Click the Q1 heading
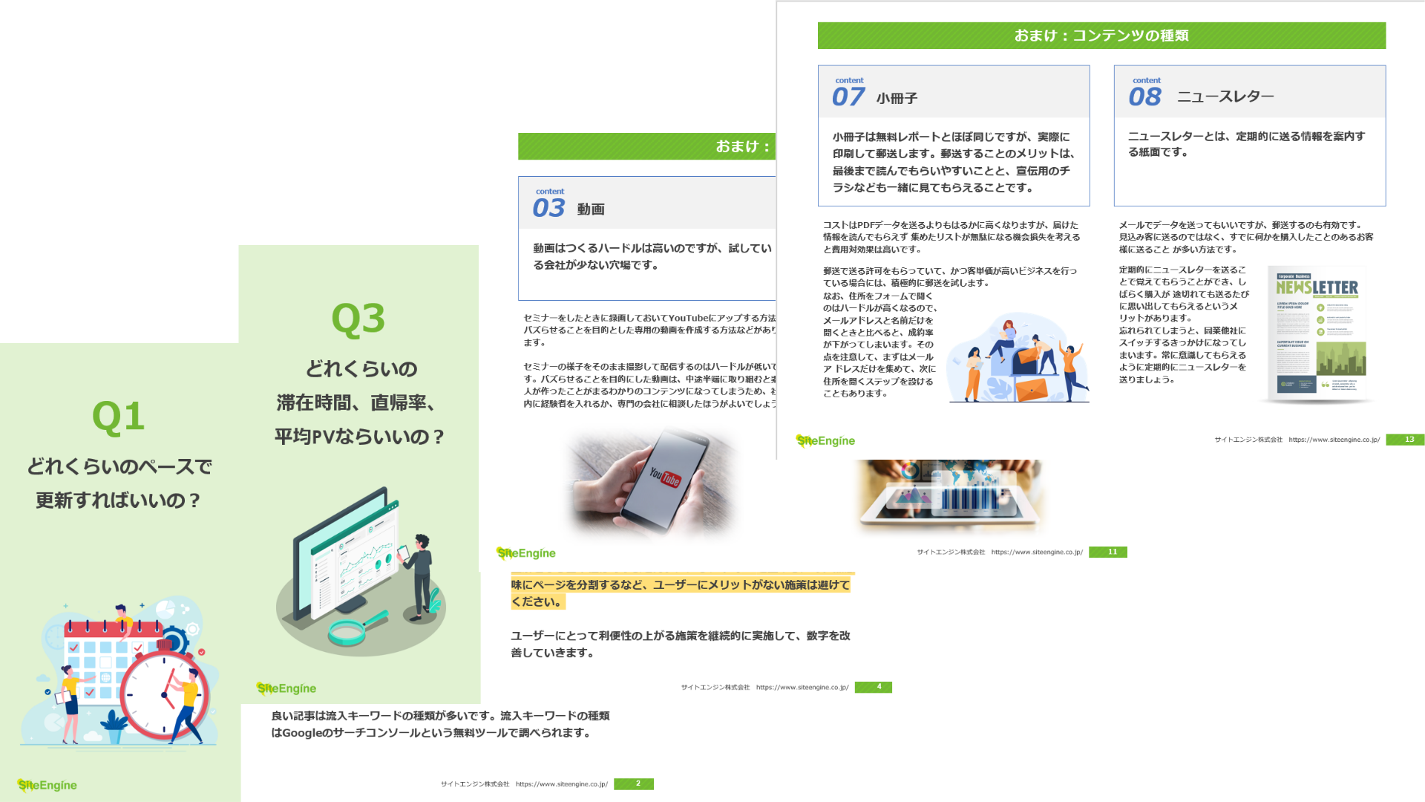(118, 417)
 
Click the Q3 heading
(358, 319)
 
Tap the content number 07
(848, 97)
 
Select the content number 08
(1144, 97)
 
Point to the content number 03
(548, 208)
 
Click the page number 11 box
(1111, 552)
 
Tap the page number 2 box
(637, 783)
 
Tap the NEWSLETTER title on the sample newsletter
(1317, 287)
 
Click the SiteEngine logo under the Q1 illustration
(47, 785)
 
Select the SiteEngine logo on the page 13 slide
(825, 440)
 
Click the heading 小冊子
(897, 98)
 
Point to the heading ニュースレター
(1225, 97)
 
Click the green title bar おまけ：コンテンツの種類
(1101, 36)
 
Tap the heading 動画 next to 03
(591, 209)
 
